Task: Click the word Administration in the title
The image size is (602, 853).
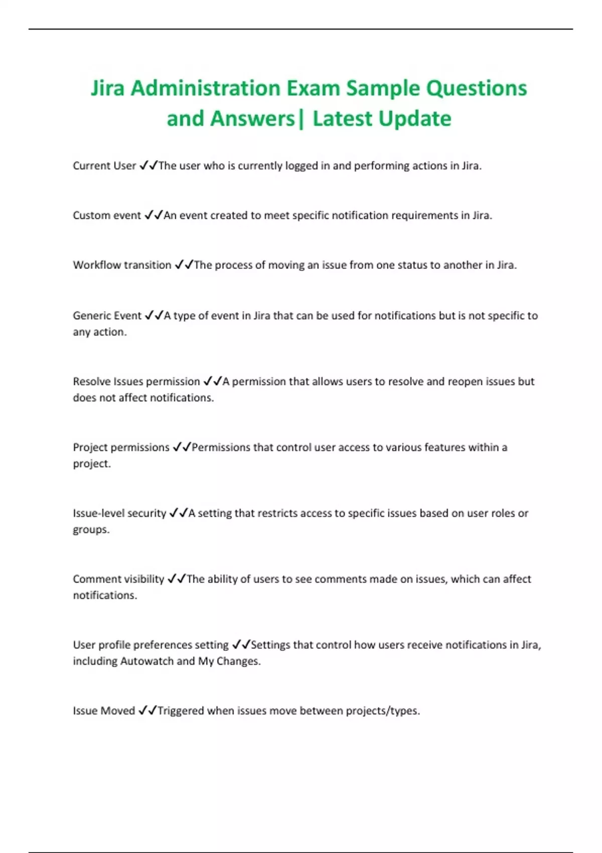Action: tap(206, 88)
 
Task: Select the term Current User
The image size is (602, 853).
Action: tap(104, 166)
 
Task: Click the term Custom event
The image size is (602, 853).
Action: tap(107, 216)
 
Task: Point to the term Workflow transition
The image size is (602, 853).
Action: tap(122, 265)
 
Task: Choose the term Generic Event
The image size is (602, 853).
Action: tap(107, 316)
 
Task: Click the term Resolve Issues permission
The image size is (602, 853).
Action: tap(136, 382)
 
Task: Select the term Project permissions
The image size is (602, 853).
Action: tap(121, 448)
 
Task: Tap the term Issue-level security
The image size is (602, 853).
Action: tap(119, 513)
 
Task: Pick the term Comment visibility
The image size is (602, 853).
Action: tap(118, 579)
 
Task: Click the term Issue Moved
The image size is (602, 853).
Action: tap(104, 711)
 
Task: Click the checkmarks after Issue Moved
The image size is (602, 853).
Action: tap(147, 710)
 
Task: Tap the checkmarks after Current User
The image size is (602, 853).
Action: tap(148, 166)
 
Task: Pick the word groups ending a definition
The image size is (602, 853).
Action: tap(90, 530)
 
